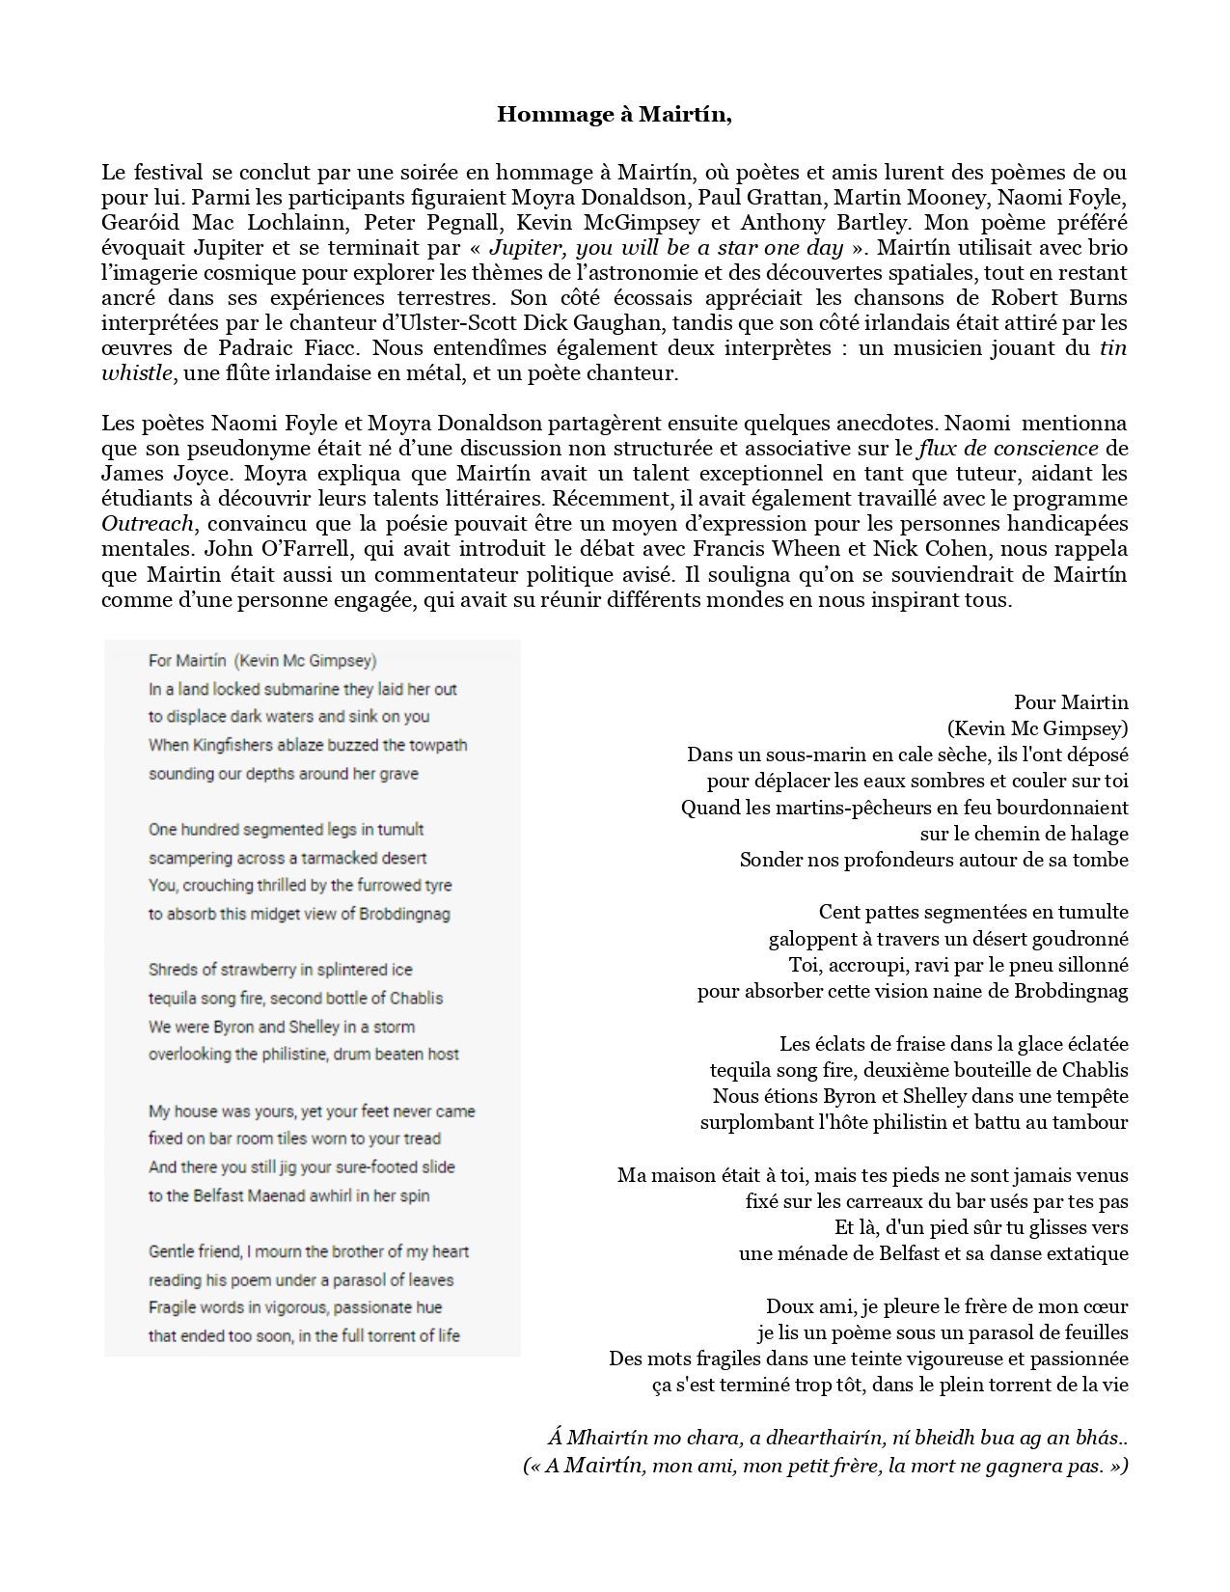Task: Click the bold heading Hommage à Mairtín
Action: pos(615,115)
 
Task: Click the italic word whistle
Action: pos(137,373)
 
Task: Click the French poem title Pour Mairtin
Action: pos(1071,702)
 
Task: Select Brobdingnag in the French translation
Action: pos(1069,991)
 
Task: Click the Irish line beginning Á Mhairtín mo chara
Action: pos(837,1439)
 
